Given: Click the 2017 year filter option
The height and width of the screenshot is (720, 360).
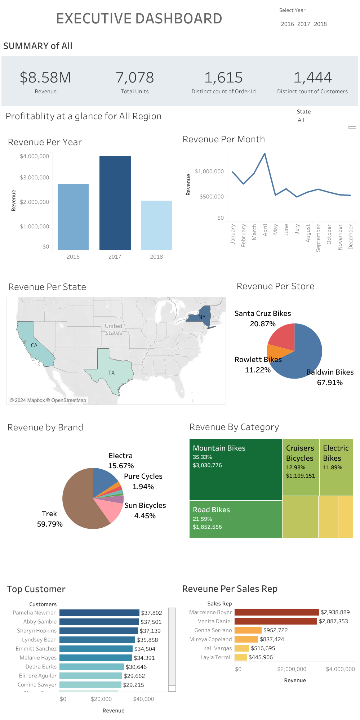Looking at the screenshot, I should click(303, 24).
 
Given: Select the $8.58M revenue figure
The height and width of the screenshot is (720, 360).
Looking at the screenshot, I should click(45, 78).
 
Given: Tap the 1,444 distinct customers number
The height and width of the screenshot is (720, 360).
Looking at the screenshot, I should click(312, 78).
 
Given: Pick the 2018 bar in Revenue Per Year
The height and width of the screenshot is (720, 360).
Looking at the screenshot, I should click(156, 225).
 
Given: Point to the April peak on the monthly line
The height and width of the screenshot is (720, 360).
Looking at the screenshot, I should click(265, 154).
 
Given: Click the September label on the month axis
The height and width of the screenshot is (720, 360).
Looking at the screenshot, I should click(318, 238).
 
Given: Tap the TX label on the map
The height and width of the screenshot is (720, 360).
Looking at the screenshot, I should click(112, 373).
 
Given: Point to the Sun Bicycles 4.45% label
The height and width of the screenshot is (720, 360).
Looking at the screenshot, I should click(145, 511).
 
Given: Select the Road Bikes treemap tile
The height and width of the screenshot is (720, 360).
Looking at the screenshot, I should click(236, 519).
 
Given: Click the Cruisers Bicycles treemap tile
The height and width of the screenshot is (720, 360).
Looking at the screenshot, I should click(301, 467).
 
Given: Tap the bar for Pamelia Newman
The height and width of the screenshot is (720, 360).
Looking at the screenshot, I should click(99, 613).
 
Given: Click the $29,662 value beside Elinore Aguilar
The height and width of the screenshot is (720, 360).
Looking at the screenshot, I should click(134, 676).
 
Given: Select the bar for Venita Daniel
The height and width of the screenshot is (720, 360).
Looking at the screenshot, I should click(276, 621).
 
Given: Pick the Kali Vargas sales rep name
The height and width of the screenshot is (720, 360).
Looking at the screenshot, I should click(218, 648).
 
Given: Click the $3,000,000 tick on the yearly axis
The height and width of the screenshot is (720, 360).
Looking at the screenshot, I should click(35, 178).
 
